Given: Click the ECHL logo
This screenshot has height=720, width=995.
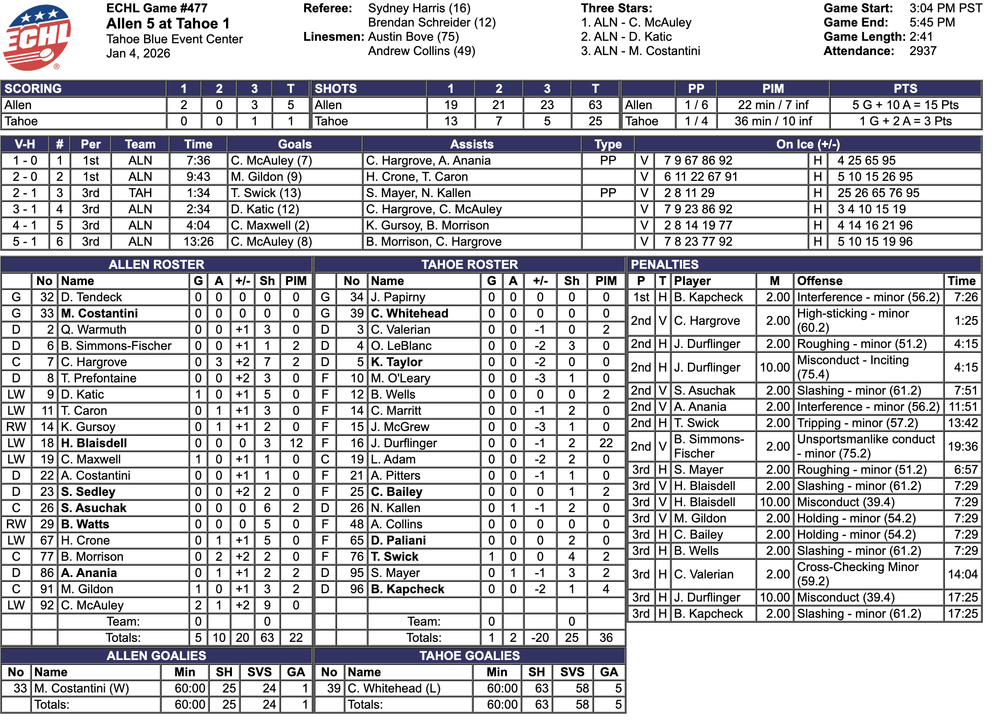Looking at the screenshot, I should click(37, 37).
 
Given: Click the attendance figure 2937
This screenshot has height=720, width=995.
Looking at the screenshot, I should click(923, 51).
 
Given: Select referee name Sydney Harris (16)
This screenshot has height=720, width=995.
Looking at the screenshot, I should click(419, 8).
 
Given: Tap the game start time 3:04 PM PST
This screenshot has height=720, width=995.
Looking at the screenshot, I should click(945, 8).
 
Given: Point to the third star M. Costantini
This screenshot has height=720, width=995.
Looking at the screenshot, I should click(640, 51).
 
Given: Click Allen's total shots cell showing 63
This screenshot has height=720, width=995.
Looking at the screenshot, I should click(595, 105).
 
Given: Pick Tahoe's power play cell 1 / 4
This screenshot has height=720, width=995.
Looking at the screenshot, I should click(696, 121).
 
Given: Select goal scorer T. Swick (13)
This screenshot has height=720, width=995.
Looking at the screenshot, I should click(266, 193).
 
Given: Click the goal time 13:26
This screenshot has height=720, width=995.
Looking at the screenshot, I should click(199, 242).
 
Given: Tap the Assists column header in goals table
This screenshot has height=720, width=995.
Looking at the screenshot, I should click(472, 144).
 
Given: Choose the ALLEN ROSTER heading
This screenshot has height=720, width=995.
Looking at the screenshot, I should click(156, 264).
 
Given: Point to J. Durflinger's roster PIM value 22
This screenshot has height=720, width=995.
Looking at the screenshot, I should click(606, 443).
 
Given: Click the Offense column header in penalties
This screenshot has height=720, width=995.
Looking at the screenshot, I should click(820, 281).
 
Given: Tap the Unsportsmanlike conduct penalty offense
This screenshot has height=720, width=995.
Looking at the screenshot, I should click(866, 446).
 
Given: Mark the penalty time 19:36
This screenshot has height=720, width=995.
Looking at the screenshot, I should click(963, 446).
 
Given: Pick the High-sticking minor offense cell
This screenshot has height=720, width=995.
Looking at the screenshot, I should click(853, 320).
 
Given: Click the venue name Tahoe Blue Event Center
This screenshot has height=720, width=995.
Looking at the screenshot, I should click(174, 39).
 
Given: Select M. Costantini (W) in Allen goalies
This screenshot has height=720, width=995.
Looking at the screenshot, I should click(82, 689).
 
